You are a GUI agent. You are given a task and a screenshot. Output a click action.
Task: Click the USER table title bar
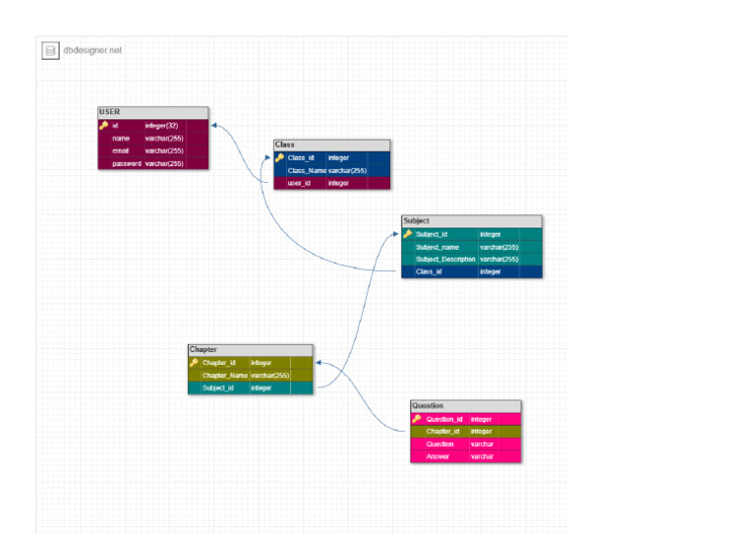(x=152, y=112)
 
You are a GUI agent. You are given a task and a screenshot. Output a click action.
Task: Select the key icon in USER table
(x=103, y=126)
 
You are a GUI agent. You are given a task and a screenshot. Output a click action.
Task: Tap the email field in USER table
(x=121, y=151)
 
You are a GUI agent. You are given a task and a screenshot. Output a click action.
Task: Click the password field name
(x=127, y=164)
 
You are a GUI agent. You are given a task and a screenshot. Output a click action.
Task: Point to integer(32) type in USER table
(x=161, y=126)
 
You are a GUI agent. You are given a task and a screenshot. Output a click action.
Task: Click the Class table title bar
(x=331, y=145)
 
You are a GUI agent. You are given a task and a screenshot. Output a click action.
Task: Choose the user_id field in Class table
(x=299, y=183)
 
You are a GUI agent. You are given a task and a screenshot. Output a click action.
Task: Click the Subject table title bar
(x=471, y=221)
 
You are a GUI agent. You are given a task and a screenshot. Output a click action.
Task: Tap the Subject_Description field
(x=445, y=260)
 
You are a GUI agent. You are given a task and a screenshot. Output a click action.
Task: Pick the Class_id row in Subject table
(x=429, y=271)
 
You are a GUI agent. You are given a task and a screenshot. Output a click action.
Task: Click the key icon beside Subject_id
(x=408, y=234)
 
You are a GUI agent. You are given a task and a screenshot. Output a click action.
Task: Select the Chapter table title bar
(x=250, y=350)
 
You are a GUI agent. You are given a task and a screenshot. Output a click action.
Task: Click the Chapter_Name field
(x=225, y=376)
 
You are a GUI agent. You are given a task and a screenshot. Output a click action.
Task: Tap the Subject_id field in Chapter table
(x=218, y=388)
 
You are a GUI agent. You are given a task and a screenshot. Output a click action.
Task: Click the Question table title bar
(x=465, y=405)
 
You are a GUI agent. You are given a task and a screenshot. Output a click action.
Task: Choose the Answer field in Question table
(x=437, y=456)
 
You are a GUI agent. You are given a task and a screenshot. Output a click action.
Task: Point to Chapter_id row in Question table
(x=443, y=431)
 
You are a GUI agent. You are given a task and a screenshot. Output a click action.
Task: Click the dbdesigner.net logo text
(x=92, y=50)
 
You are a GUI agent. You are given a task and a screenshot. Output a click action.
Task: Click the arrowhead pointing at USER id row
(x=215, y=126)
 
